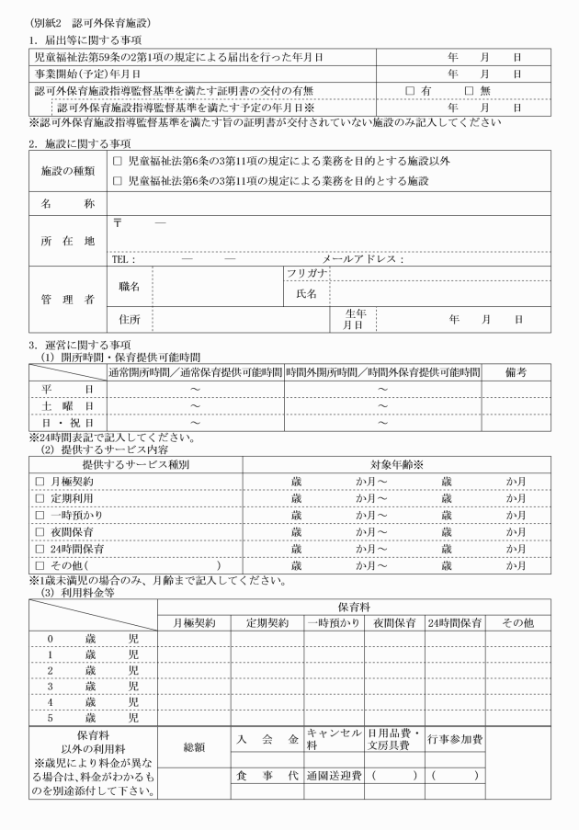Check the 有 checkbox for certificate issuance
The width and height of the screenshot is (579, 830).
410,90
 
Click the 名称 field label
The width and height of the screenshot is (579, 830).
62,202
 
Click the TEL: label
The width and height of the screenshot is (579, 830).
123,259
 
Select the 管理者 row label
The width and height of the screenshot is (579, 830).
62,298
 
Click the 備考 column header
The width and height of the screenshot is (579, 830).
515,372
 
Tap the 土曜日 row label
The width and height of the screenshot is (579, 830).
62,405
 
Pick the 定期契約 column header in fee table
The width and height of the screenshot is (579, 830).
267,623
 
